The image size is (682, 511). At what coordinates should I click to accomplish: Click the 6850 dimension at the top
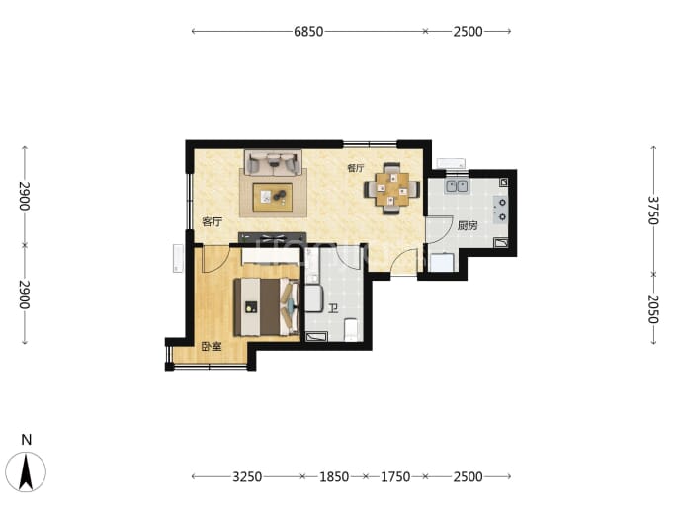308,32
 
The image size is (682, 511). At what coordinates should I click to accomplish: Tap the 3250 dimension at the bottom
247,477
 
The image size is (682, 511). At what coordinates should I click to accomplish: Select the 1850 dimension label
334,477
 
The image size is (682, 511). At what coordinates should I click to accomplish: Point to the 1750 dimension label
395,477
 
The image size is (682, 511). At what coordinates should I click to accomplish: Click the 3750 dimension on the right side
653,211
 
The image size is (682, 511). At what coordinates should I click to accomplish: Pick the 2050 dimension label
653,309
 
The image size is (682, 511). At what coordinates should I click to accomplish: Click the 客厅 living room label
213,222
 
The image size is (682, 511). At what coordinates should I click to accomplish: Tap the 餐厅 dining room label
356,168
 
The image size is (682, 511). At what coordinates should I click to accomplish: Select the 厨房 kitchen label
468,226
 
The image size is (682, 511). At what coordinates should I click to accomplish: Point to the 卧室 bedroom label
212,347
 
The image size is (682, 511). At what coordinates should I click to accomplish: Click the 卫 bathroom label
333,309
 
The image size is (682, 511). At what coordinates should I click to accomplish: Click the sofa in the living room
273,163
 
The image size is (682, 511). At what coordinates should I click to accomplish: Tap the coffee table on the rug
273,197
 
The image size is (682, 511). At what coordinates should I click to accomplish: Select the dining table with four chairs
392,189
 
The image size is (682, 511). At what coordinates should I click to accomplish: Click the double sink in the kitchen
457,186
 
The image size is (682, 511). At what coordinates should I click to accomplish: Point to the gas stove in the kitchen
500,210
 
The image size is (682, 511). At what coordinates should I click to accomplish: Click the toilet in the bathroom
351,330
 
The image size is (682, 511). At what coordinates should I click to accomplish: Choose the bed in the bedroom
266,306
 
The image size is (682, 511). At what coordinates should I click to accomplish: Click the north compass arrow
26,471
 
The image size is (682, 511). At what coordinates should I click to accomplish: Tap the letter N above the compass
27,440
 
